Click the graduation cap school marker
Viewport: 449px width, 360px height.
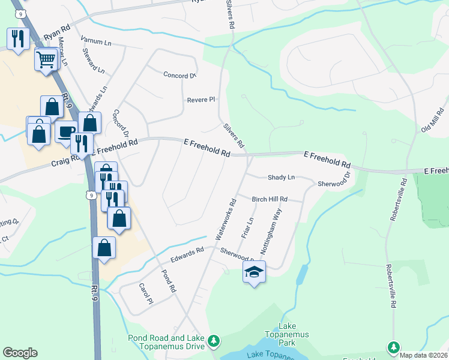pyautogui.click(x=254, y=272)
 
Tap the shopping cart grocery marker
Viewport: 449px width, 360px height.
pyautogui.click(x=46, y=59)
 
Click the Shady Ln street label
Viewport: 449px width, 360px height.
pyautogui.click(x=281, y=178)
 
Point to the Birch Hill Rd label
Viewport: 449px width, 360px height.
pyautogui.click(x=270, y=199)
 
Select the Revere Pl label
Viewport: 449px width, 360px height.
pyautogui.click(x=200, y=100)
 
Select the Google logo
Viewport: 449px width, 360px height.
pyautogui.click(x=20, y=353)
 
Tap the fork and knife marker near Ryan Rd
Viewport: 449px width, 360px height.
pyautogui.click(x=18, y=39)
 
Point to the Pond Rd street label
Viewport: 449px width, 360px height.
pyautogui.click(x=168, y=281)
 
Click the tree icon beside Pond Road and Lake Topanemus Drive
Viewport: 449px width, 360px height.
pyautogui.click(x=214, y=342)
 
